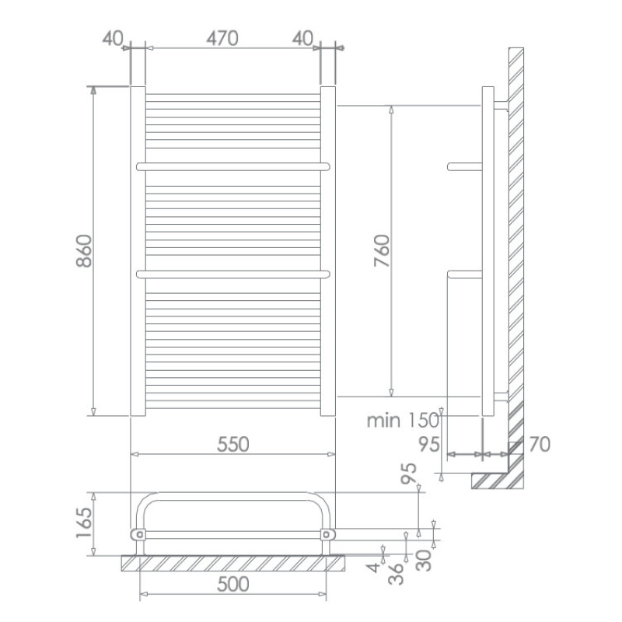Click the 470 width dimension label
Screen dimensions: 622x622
pos(222,38)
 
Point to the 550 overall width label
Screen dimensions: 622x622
pos(232,444)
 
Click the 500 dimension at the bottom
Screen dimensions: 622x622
pos(232,584)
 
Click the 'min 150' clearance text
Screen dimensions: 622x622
pos(403,421)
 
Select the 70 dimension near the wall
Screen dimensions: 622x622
pos(539,444)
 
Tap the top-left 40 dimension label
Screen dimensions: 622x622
pos(113,38)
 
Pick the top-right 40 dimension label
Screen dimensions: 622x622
pos(303,38)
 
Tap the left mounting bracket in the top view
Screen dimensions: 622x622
pos(138,534)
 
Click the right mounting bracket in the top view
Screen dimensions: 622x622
pos(327,534)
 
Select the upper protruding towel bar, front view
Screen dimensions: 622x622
pos(233,166)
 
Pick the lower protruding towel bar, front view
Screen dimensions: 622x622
pos(233,273)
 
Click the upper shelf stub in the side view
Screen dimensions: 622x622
pos(465,166)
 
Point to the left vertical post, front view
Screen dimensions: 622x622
pos(138,251)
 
